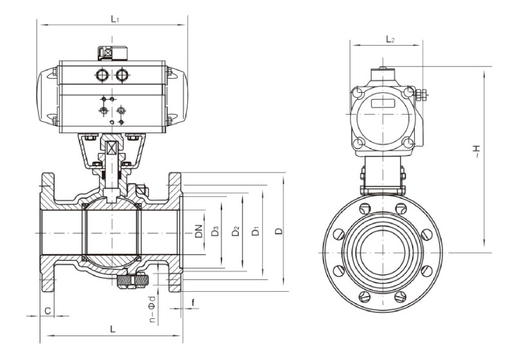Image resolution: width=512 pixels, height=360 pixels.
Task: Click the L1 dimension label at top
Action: click(115, 19)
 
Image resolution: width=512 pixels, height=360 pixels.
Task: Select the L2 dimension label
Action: click(390, 40)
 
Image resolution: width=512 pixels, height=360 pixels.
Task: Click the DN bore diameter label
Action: click(199, 231)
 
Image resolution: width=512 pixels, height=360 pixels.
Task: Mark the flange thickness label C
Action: click(48, 311)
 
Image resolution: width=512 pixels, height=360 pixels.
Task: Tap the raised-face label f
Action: click(193, 301)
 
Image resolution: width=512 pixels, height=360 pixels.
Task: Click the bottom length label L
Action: click(112, 330)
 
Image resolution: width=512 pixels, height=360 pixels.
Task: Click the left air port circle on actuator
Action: click(103, 75)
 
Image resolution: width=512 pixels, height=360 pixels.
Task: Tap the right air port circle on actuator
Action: click(122, 75)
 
